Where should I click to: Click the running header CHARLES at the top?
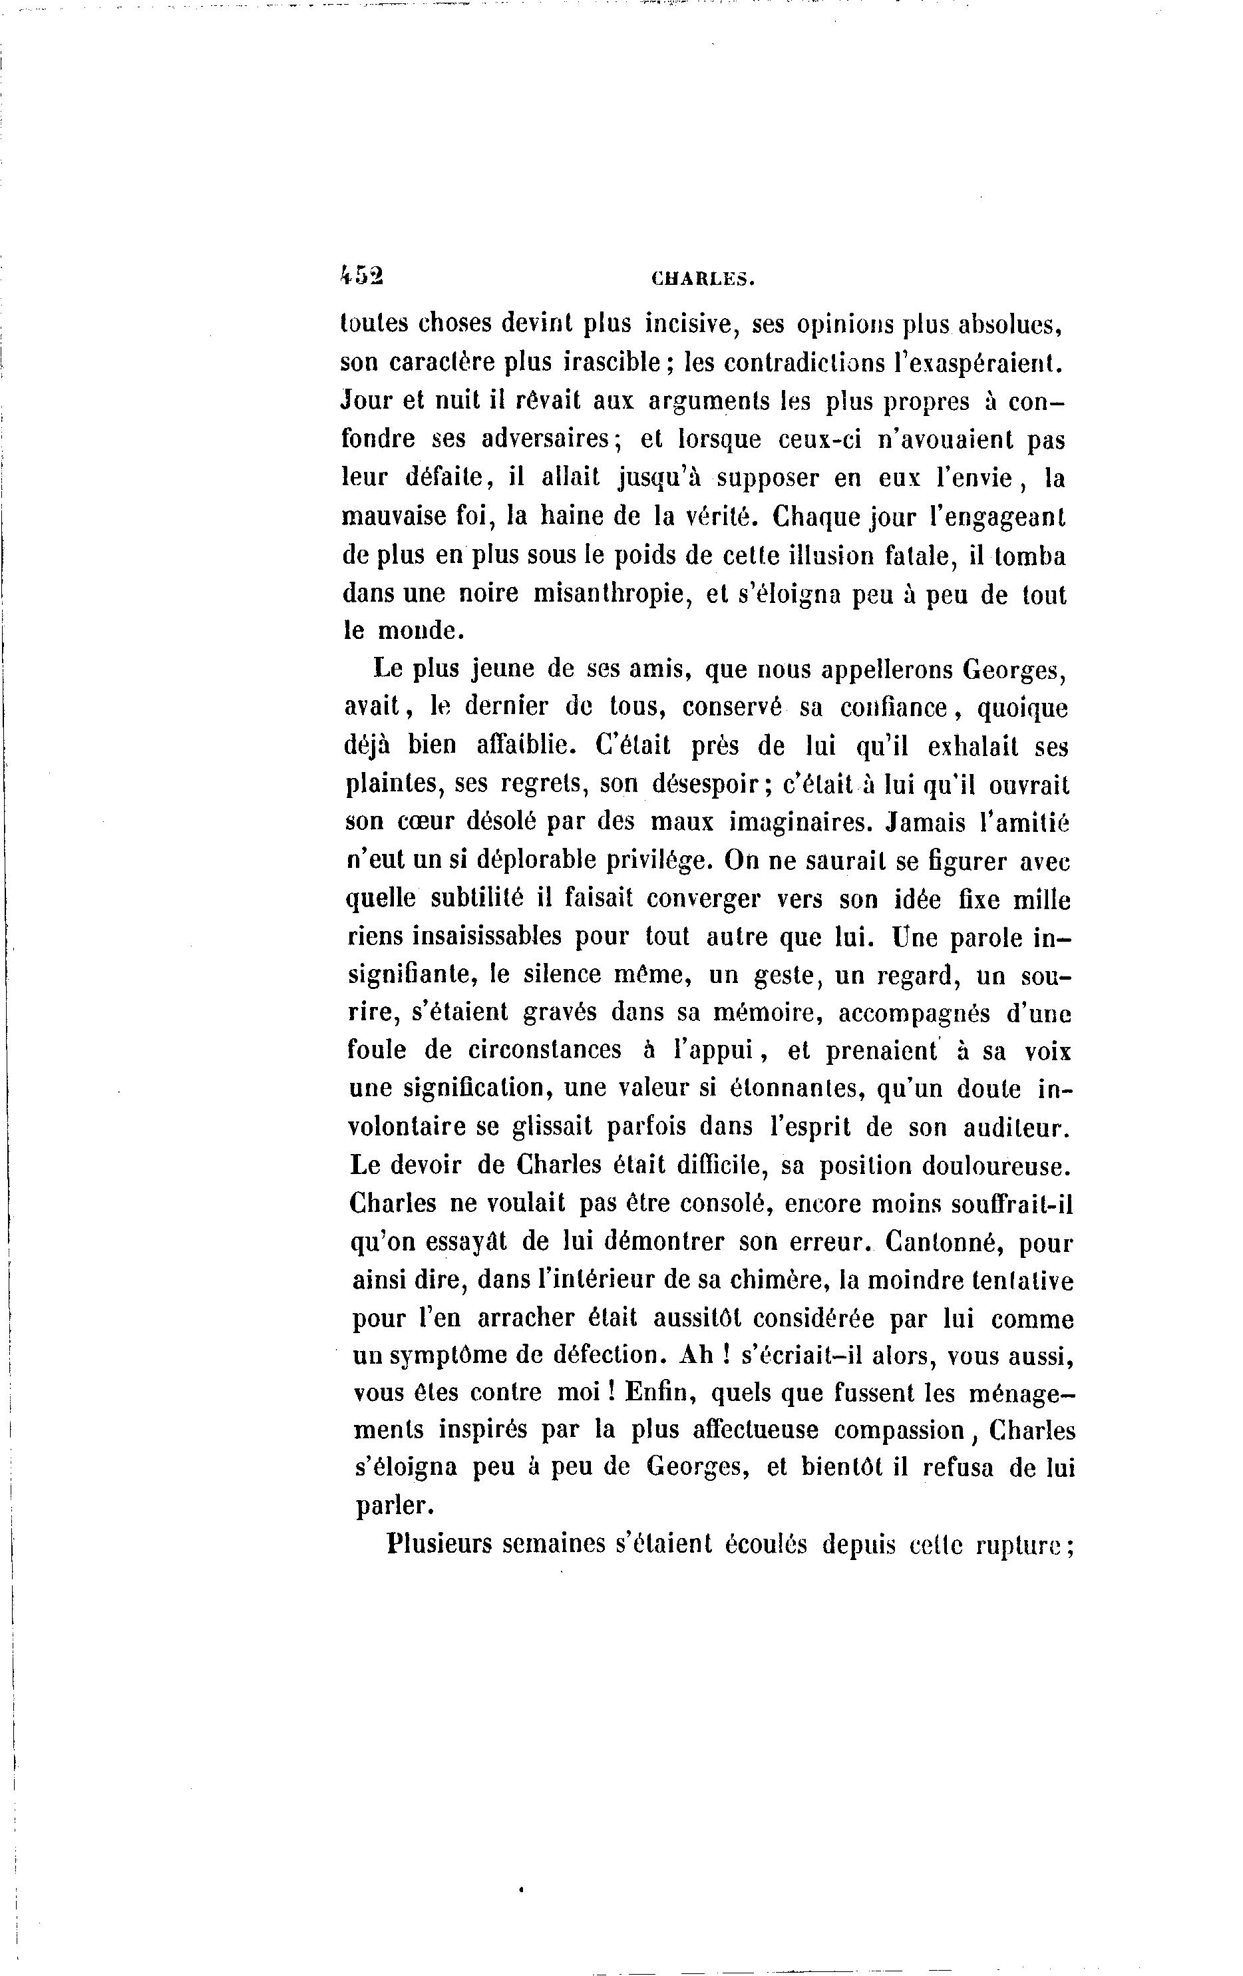coord(702,279)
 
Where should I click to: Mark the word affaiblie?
coord(522,746)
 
